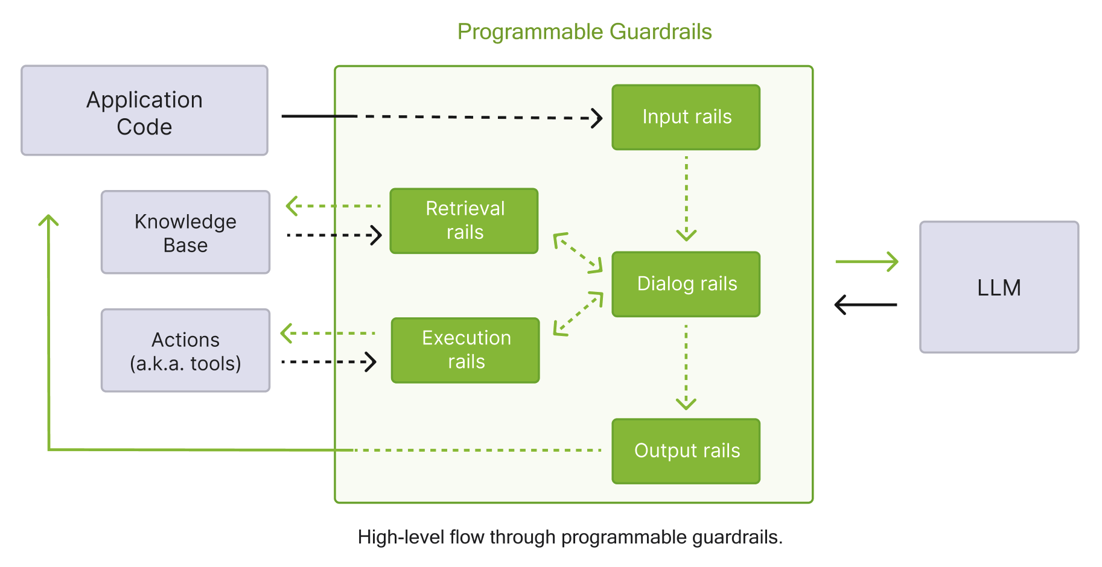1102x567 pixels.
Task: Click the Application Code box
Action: point(144,111)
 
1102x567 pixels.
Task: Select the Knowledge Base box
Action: point(185,233)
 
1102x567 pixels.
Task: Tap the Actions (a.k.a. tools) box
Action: point(185,351)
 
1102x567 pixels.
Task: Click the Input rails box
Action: point(686,117)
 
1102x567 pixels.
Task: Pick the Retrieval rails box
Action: point(464,221)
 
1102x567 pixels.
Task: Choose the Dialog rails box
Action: point(686,284)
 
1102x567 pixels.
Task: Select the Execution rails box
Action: point(465,350)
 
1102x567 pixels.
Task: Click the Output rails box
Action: point(686,451)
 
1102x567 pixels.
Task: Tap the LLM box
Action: point(999,287)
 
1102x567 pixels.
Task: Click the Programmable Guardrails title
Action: point(584,31)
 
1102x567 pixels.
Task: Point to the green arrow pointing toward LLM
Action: point(867,262)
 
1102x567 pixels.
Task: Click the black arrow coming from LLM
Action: point(865,305)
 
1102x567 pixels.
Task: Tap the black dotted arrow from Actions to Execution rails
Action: point(329,362)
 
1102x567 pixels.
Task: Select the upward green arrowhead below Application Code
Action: point(48,221)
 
